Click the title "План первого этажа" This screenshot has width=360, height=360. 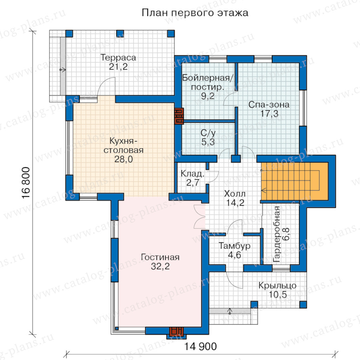(195, 13)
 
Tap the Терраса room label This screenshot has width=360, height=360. (118, 58)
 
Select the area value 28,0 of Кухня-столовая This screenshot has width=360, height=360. (124, 159)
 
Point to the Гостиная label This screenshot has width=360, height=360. (160, 257)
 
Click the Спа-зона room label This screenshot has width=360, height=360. (269, 105)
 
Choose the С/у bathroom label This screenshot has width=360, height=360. (208, 133)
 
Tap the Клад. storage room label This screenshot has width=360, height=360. (192, 174)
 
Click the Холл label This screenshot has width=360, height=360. (235, 194)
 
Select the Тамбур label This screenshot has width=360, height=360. (234, 246)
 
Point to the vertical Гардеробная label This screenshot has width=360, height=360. (277, 234)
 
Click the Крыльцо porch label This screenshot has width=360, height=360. (277, 286)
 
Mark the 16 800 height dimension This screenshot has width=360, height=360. (26, 183)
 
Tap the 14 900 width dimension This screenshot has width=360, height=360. (200, 346)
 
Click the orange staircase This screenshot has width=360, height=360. (294, 181)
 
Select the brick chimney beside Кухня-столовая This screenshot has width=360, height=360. (179, 116)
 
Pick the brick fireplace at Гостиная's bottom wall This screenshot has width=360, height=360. (176, 332)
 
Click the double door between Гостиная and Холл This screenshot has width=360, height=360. (199, 217)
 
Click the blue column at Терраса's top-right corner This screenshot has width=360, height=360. (171, 34)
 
